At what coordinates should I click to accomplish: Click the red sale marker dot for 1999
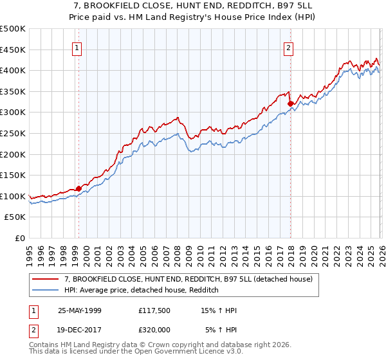click(x=79, y=188)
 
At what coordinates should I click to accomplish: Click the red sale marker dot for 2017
click(x=290, y=104)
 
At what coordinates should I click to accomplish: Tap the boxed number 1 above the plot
click(x=77, y=47)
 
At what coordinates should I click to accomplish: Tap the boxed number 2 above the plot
click(x=289, y=47)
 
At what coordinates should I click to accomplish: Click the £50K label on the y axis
click(x=15, y=217)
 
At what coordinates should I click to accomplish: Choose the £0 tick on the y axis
click(x=21, y=239)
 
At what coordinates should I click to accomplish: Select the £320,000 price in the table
click(x=155, y=330)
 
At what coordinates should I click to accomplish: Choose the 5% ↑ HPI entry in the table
click(x=221, y=330)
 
